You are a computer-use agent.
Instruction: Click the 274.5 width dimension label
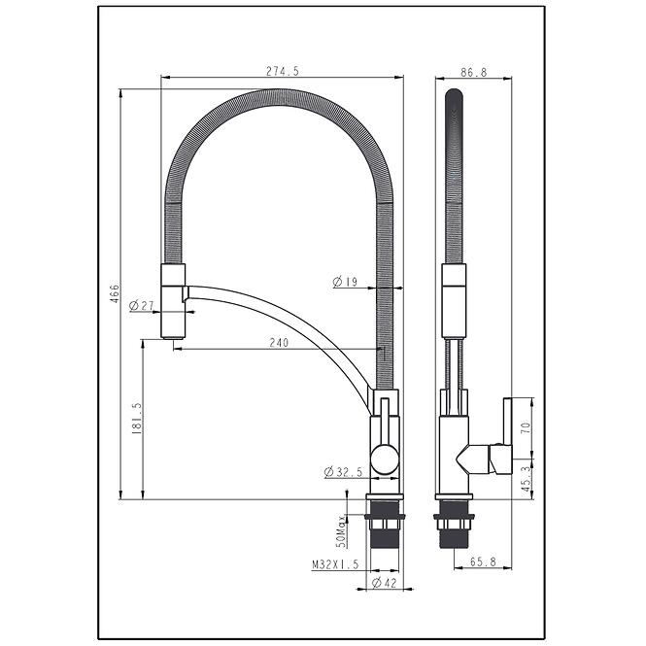[x=283, y=71]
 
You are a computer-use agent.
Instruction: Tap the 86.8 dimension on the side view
[x=474, y=73]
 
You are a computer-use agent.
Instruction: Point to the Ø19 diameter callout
[x=345, y=283]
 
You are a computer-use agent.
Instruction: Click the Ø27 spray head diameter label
[x=141, y=306]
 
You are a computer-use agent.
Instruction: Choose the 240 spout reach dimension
[x=279, y=342]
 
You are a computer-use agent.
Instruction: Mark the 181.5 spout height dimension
[x=137, y=419]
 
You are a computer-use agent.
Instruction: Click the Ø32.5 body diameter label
[x=343, y=472]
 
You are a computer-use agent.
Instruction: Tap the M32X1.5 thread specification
[x=335, y=564]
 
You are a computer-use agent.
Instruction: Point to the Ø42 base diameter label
[x=384, y=583]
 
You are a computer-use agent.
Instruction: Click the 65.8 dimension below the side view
[x=483, y=561]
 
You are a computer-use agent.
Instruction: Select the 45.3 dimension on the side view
[x=527, y=479]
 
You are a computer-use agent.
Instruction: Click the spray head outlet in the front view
[x=173, y=338]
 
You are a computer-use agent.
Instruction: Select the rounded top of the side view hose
[x=454, y=95]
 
